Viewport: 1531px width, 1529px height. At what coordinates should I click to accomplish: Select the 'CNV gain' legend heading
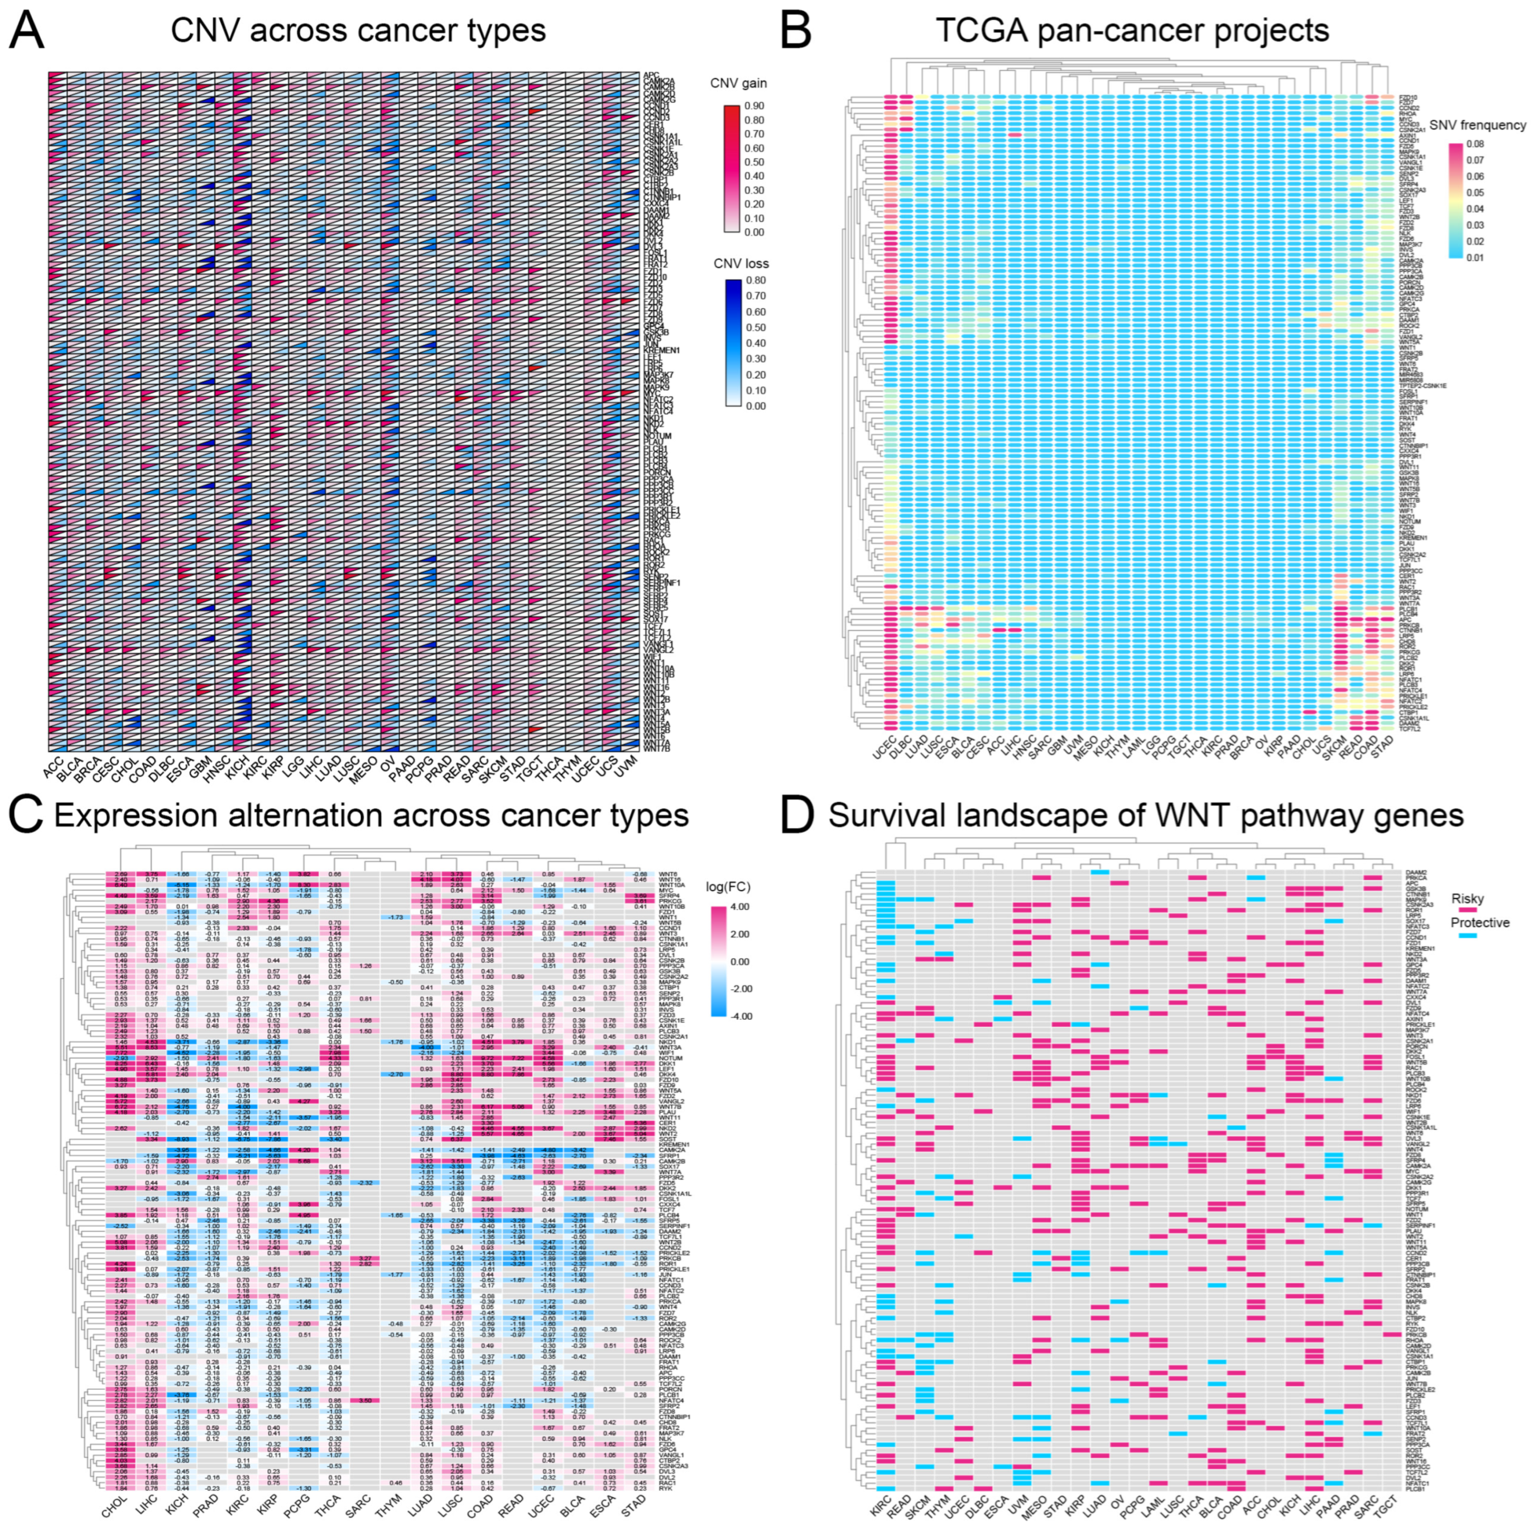(x=738, y=82)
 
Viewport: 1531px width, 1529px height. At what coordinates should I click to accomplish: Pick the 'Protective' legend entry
(x=1479, y=923)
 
